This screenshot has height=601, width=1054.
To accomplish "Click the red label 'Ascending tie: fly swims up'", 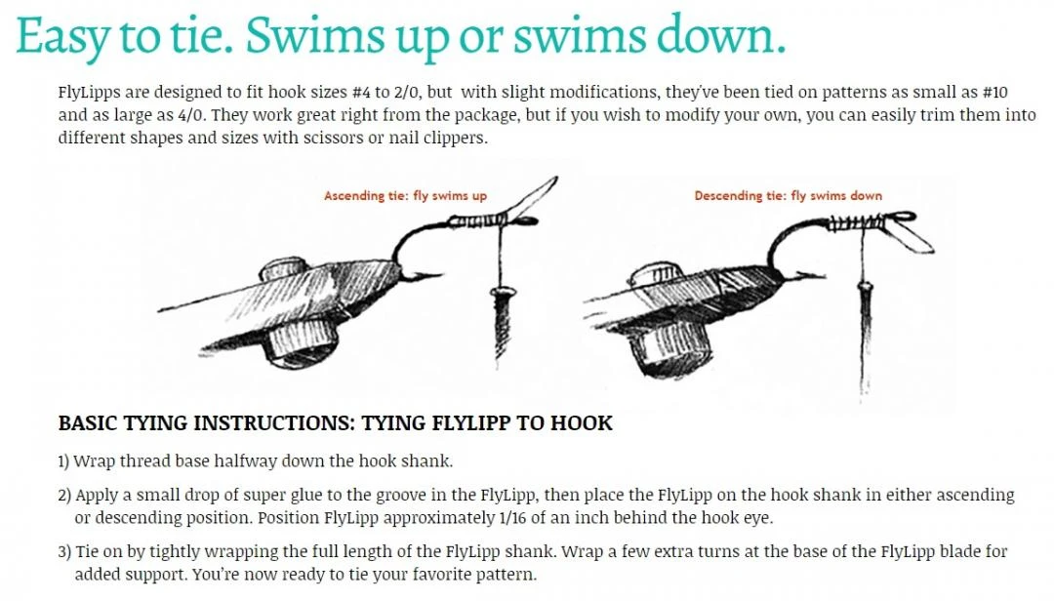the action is tap(405, 196).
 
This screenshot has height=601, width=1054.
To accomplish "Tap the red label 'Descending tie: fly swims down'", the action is tap(788, 196).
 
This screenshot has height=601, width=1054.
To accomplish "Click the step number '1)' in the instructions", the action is tap(63, 461).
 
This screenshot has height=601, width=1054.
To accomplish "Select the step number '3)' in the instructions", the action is tap(64, 552).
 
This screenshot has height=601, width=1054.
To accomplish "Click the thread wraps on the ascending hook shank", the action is tap(478, 220).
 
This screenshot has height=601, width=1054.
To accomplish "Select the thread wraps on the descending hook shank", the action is tap(854, 221).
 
